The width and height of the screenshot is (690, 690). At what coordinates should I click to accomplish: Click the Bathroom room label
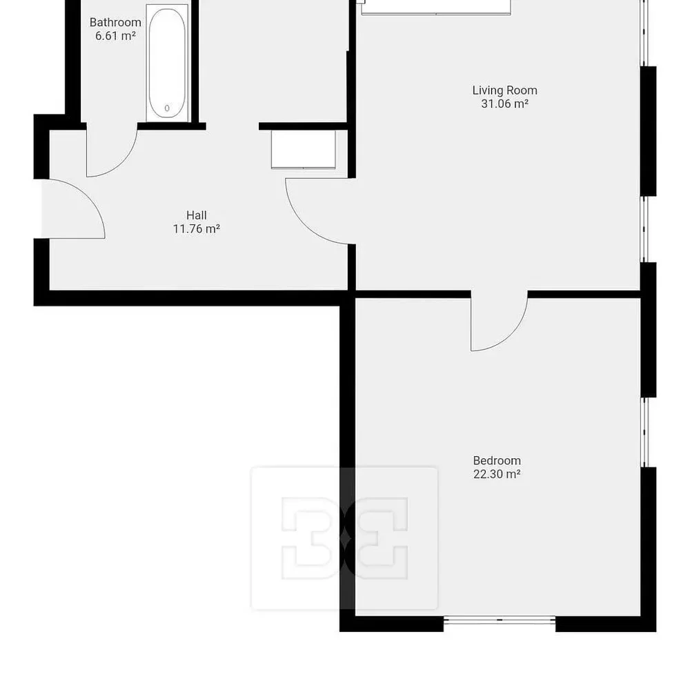115,23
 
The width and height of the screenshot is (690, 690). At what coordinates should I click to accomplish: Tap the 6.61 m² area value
115,36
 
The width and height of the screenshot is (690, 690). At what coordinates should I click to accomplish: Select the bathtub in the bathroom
167,63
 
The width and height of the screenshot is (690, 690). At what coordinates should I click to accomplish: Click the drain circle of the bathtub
167,108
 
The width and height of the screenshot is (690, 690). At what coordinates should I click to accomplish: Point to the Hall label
196,215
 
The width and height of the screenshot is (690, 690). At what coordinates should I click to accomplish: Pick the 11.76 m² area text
196,229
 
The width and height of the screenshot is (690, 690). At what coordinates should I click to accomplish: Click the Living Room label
505,90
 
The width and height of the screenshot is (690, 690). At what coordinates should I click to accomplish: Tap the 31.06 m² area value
505,104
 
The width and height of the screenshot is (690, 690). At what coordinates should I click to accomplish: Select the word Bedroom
497,461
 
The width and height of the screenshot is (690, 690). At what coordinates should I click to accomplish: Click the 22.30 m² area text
497,475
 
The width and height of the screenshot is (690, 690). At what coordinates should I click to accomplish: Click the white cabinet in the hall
303,149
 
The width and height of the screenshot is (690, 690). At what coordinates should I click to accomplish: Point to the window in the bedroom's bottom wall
500,620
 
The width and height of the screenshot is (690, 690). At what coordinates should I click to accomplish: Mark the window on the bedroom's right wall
644,432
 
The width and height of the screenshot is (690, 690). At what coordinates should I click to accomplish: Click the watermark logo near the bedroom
344,538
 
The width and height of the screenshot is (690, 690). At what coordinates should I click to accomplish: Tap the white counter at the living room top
436,8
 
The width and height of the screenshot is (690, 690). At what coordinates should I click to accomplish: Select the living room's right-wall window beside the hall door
644,229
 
